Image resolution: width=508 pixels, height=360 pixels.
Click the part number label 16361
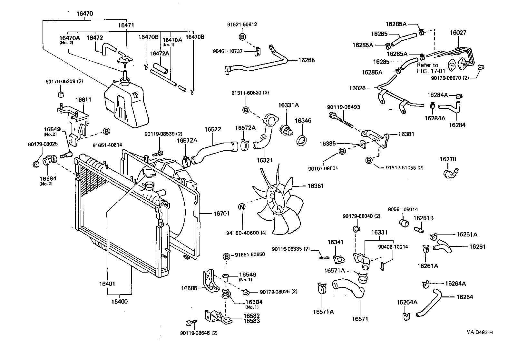315,186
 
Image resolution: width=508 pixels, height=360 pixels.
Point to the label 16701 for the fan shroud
221,213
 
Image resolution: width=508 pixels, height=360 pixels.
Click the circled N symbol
242,207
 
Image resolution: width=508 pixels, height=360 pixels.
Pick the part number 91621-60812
242,25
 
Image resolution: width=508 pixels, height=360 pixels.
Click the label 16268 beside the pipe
306,60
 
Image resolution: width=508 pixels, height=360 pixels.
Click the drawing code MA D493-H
479,332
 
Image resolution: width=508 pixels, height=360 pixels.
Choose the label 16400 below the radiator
119,302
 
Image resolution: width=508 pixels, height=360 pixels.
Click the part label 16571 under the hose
360,319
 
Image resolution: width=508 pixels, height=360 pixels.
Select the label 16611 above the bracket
83,100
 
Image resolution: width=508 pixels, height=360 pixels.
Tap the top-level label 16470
85,14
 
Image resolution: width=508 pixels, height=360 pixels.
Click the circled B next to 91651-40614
106,131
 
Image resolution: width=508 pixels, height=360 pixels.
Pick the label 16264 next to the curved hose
464,297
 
